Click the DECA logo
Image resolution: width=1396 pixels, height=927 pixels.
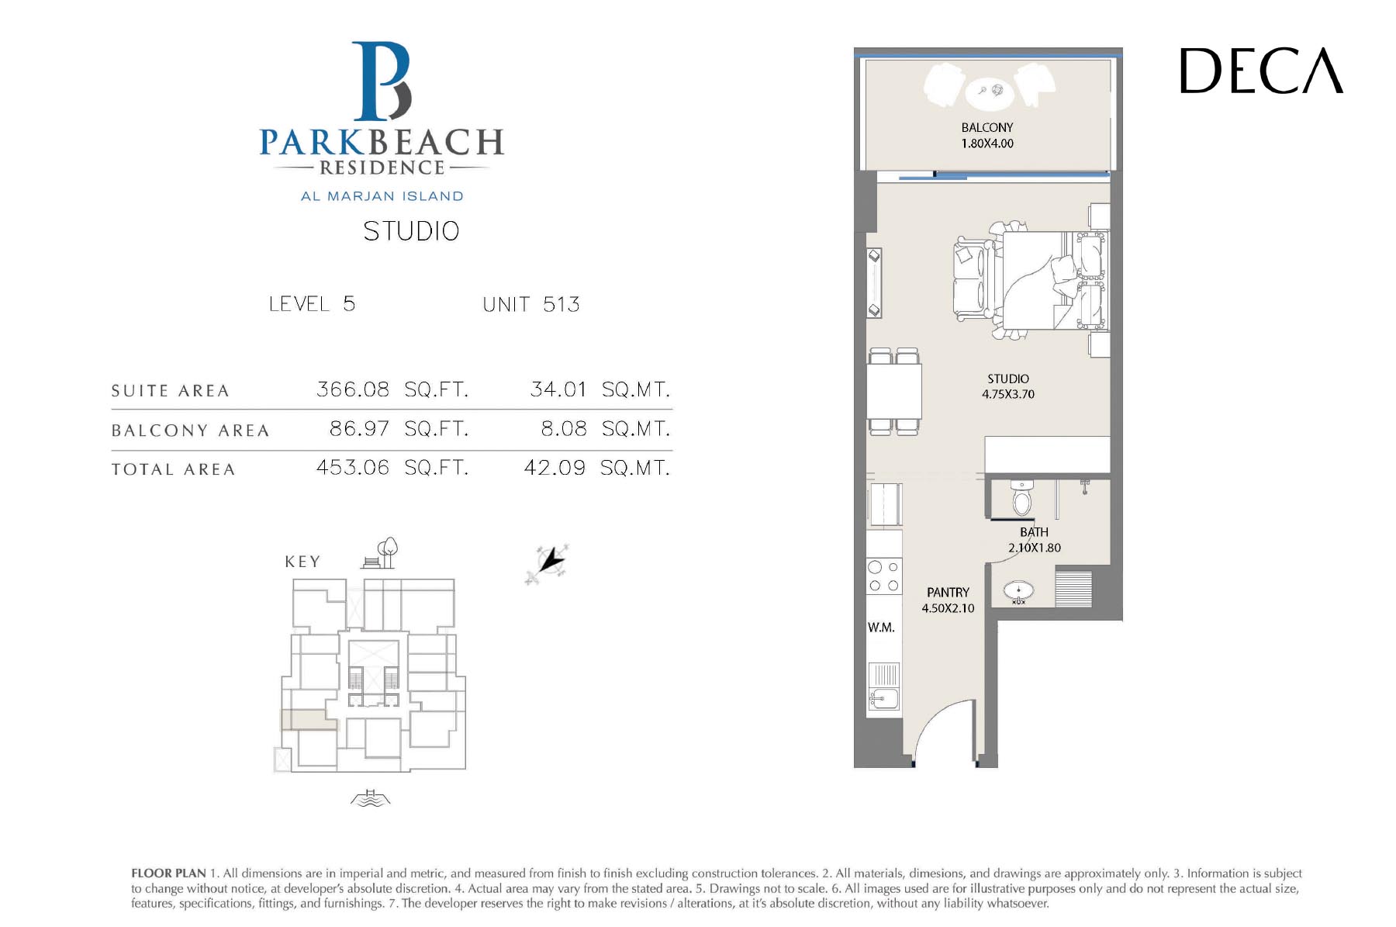pyautogui.click(x=1261, y=71)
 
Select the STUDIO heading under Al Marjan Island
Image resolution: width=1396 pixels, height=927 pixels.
pyautogui.click(x=411, y=231)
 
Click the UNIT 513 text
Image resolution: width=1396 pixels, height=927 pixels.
pyautogui.click(x=531, y=304)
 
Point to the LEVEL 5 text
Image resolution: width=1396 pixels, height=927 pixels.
pyautogui.click(x=312, y=303)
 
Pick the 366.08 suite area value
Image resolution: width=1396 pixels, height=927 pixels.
pyautogui.click(x=353, y=389)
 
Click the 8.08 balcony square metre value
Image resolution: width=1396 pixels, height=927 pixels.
pyautogui.click(x=564, y=429)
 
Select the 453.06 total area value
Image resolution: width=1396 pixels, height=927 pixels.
pyautogui.click(x=353, y=468)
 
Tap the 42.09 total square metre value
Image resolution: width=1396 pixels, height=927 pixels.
pyautogui.click(x=555, y=468)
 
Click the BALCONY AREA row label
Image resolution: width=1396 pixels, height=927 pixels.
pyautogui.click(x=190, y=431)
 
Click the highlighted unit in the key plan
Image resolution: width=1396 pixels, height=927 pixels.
pyautogui.click(x=309, y=720)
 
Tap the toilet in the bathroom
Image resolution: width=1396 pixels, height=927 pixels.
pyautogui.click(x=1022, y=498)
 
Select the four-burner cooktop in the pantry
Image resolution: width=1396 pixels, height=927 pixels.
pyautogui.click(x=884, y=577)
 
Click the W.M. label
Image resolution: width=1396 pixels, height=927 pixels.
pyautogui.click(x=881, y=628)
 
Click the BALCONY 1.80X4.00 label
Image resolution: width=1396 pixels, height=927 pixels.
pyautogui.click(x=987, y=136)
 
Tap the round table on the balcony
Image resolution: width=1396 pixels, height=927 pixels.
pyautogui.click(x=990, y=92)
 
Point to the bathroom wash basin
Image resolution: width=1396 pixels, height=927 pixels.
pyautogui.click(x=1018, y=592)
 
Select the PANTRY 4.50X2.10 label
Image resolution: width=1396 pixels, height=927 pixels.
pyautogui.click(x=948, y=600)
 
